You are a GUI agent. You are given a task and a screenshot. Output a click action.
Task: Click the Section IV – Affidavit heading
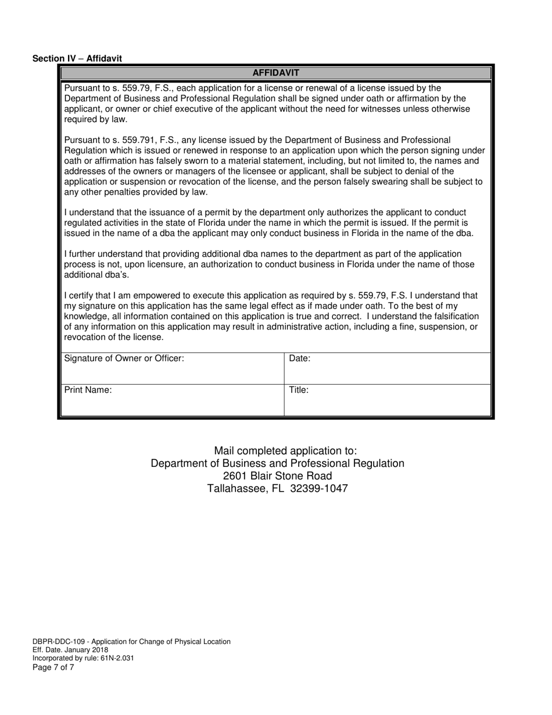[77, 58]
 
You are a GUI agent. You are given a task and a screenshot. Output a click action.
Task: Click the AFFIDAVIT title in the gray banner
[275, 73]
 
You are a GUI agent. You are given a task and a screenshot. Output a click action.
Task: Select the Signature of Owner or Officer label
[124, 358]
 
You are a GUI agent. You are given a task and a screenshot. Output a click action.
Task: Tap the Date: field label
[300, 358]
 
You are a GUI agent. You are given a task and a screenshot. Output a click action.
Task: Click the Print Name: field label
[88, 390]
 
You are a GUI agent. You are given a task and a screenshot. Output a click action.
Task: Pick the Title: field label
[299, 390]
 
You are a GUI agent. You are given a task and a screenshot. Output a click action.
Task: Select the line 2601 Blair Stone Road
[277, 476]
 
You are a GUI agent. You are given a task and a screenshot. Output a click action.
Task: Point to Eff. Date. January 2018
[70, 650]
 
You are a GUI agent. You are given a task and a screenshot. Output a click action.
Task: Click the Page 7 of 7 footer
[53, 667]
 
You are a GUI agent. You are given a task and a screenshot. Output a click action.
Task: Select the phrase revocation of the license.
[114, 337]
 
